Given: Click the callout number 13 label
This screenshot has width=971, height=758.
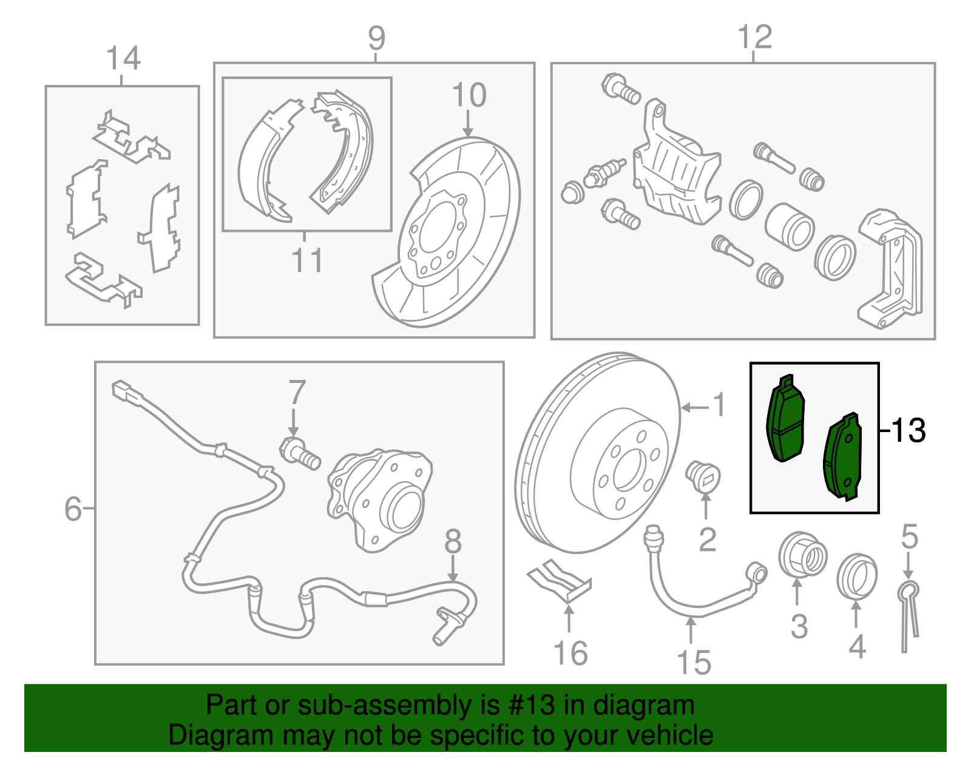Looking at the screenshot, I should [908, 430].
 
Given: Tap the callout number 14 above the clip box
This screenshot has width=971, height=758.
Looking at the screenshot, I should [123, 59].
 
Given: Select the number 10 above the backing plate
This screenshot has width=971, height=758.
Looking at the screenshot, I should [469, 95].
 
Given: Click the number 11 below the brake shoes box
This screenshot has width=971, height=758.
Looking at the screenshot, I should [307, 260].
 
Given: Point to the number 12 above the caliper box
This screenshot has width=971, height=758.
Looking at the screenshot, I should [754, 37].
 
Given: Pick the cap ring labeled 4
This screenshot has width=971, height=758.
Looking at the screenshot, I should [856, 576].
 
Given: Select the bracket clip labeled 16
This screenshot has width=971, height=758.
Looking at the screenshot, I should [559, 581].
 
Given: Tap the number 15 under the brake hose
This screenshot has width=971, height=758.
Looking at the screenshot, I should [694, 662].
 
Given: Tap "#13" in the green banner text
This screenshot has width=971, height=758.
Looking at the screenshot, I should [527, 705].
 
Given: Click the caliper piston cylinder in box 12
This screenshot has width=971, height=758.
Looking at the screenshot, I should [789, 227].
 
